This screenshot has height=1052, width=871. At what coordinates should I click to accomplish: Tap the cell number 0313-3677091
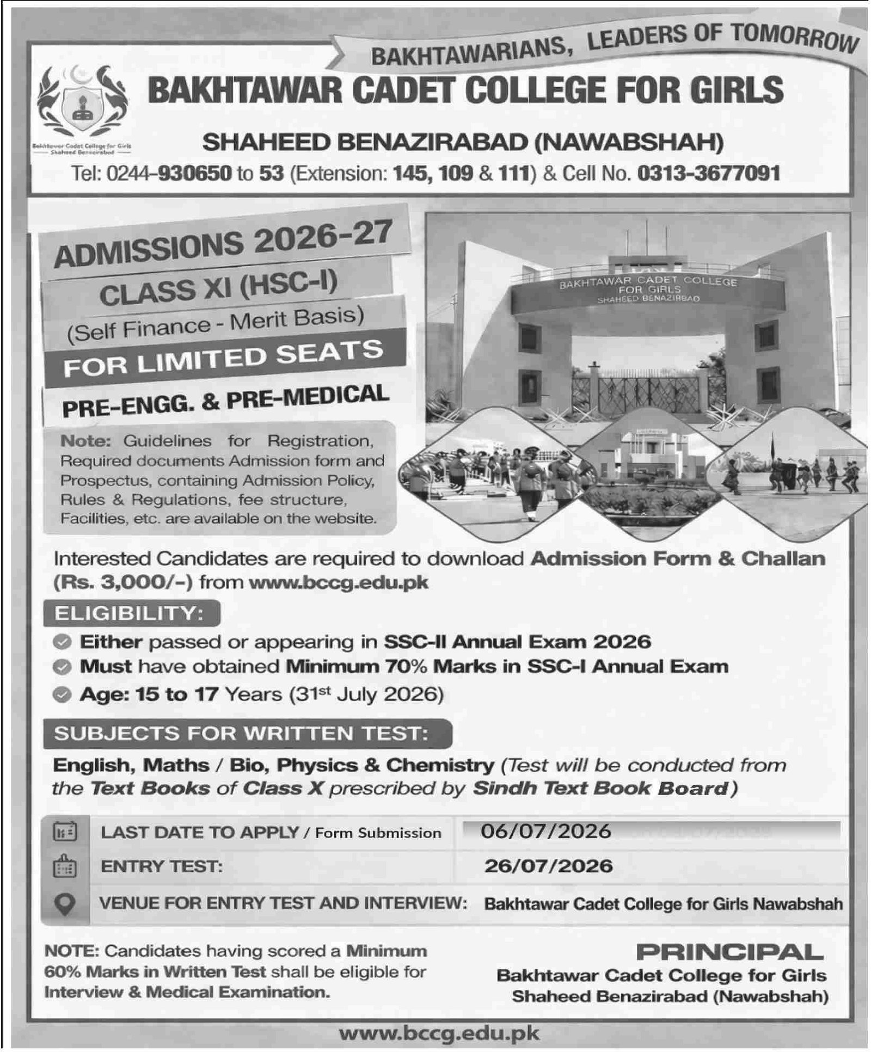[x=708, y=173]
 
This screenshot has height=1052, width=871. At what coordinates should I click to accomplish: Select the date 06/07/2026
[x=546, y=831]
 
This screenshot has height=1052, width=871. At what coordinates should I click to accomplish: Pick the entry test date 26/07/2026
[x=548, y=865]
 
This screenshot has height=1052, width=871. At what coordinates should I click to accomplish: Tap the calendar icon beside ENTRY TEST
[x=65, y=866]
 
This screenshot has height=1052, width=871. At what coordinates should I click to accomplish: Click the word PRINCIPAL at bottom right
[x=729, y=952]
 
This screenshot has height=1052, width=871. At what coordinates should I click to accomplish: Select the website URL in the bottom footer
[x=439, y=1033]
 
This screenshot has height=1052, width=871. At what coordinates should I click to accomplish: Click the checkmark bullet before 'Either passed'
[x=63, y=642]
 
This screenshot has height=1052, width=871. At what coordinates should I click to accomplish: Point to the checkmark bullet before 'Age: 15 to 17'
[x=63, y=695]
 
